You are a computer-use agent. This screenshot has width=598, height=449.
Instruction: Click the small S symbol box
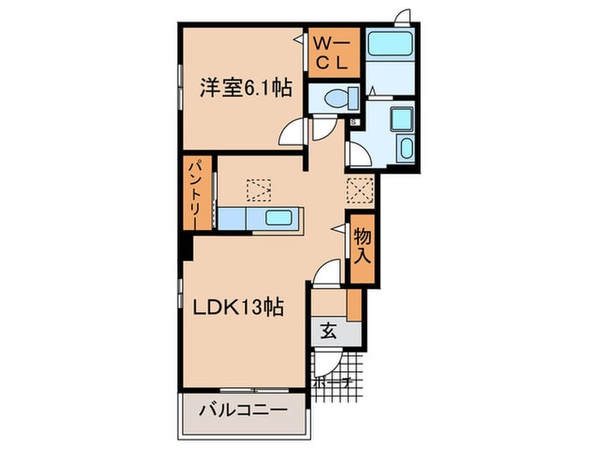(354, 122)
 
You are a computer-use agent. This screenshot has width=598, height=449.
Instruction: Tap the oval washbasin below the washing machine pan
(404, 150)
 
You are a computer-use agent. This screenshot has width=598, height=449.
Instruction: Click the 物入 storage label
(361, 245)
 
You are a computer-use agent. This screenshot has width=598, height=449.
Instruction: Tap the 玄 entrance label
(329, 333)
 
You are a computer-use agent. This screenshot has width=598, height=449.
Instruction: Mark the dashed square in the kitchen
(255, 188)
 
